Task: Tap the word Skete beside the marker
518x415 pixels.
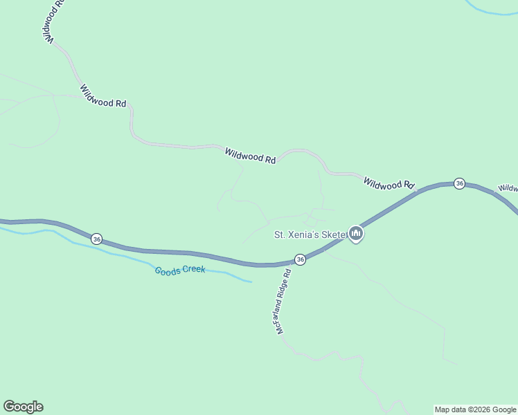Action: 336,234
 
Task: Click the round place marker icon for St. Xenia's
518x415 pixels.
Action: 356,234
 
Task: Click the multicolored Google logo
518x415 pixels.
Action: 23,407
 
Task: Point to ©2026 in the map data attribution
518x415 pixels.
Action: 476,410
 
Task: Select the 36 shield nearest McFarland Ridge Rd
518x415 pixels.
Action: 300,259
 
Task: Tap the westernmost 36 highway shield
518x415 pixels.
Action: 96,239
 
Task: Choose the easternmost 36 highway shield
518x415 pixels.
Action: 459,183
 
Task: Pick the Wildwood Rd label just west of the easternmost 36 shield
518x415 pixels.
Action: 388,183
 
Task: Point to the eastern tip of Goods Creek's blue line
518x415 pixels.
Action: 250,282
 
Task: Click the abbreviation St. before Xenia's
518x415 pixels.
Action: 280,234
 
